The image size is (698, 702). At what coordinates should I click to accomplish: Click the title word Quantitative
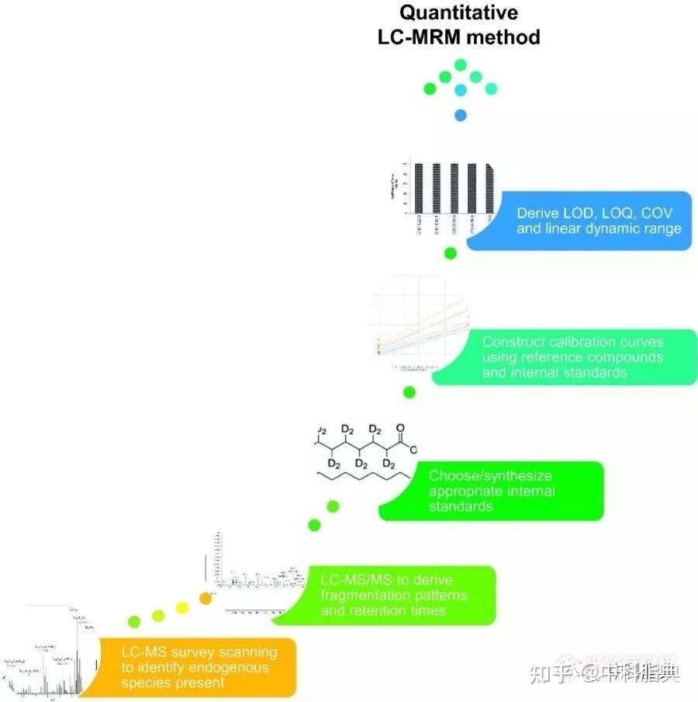click(459, 13)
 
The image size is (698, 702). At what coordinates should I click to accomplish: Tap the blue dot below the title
click(460, 116)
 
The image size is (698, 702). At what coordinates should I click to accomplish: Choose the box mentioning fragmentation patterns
click(396, 595)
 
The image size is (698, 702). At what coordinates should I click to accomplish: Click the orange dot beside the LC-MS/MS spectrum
click(206, 597)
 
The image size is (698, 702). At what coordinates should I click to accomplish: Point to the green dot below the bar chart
click(450, 253)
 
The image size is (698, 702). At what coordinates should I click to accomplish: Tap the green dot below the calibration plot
click(409, 392)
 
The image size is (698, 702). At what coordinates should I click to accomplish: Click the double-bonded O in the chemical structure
click(399, 427)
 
